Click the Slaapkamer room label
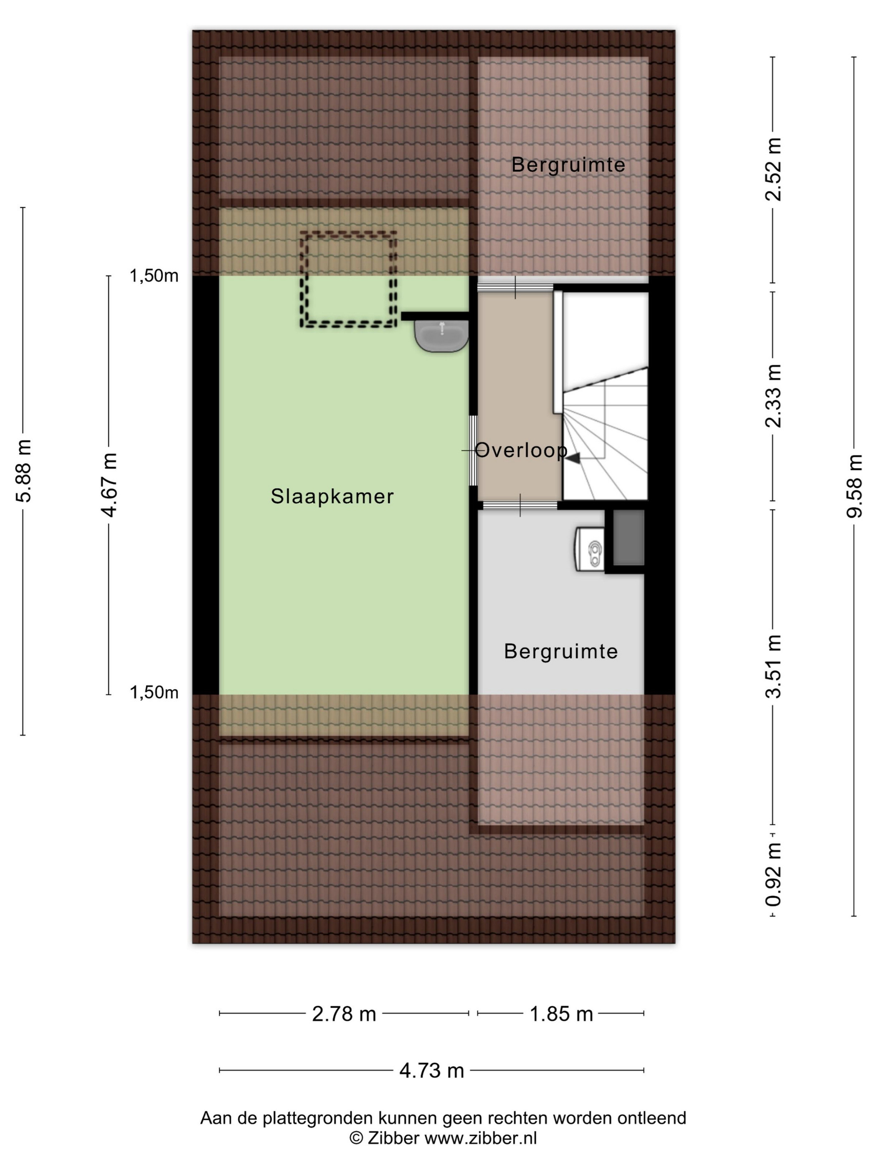(x=332, y=496)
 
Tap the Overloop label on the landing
(x=521, y=450)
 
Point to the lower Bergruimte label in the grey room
(x=561, y=651)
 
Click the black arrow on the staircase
(x=573, y=458)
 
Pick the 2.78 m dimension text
(x=344, y=1014)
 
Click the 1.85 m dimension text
(x=561, y=1014)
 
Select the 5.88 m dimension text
(x=24, y=471)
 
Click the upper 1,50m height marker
(x=154, y=276)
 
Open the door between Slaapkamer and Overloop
(x=474, y=450)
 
